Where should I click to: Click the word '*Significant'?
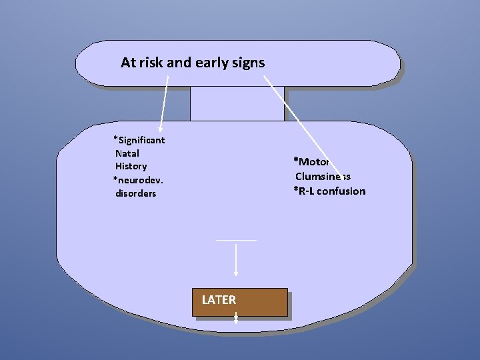(x=139, y=140)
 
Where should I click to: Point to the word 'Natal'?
(x=127, y=153)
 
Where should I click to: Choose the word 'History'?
(x=131, y=166)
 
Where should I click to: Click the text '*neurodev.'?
(x=139, y=180)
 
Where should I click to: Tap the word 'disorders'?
(x=136, y=193)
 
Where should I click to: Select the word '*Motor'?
(x=312, y=162)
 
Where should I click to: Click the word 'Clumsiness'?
(x=323, y=177)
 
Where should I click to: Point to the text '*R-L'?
(x=304, y=191)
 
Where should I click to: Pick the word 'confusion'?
(x=341, y=191)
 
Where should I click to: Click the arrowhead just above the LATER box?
(x=236, y=272)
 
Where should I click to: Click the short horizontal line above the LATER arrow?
(x=235, y=239)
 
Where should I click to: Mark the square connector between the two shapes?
(x=237, y=103)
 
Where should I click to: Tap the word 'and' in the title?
(x=178, y=63)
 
